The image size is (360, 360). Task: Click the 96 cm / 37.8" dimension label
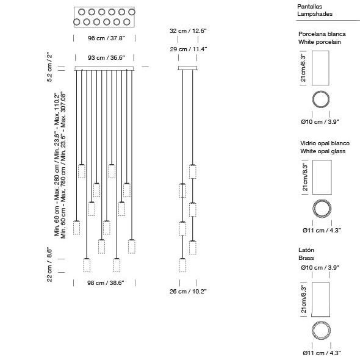click(106, 38)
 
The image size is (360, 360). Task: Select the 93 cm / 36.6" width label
click(106, 57)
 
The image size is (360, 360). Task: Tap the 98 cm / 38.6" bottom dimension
click(106, 283)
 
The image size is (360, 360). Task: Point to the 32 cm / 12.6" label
click(188, 31)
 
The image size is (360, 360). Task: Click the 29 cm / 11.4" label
click(189, 49)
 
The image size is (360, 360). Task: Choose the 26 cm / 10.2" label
click(188, 291)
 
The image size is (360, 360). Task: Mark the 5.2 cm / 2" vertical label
click(49, 68)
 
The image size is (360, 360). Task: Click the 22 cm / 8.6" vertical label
click(49, 264)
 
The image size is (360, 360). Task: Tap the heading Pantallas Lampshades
click(315, 10)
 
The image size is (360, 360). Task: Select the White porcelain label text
click(319, 42)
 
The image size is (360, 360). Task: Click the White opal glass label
click(323, 151)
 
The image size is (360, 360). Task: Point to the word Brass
click(306, 258)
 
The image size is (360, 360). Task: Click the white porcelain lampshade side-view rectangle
click(320, 68)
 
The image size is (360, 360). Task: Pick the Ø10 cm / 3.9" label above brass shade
click(320, 268)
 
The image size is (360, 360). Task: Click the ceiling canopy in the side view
click(187, 68)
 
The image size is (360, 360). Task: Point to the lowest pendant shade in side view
click(182, 265)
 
